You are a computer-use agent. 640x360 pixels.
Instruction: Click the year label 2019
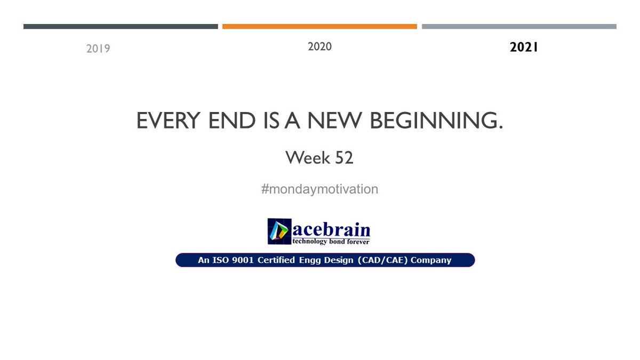(98, 49)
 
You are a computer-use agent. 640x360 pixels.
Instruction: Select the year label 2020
(319, 47)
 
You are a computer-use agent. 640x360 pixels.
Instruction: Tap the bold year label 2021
(524, 47)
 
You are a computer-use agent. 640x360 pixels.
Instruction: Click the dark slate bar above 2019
(121, 26)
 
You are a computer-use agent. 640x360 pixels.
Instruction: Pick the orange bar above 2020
(319, 26)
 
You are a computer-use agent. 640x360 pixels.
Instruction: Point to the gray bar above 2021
(519, 26)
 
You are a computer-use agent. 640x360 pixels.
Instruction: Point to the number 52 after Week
(344, 158)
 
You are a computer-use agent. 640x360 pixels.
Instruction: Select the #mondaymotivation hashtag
(319, 189)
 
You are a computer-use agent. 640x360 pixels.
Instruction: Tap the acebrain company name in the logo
(331, 229)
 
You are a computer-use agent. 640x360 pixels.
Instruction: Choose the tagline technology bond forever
(331, 242)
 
